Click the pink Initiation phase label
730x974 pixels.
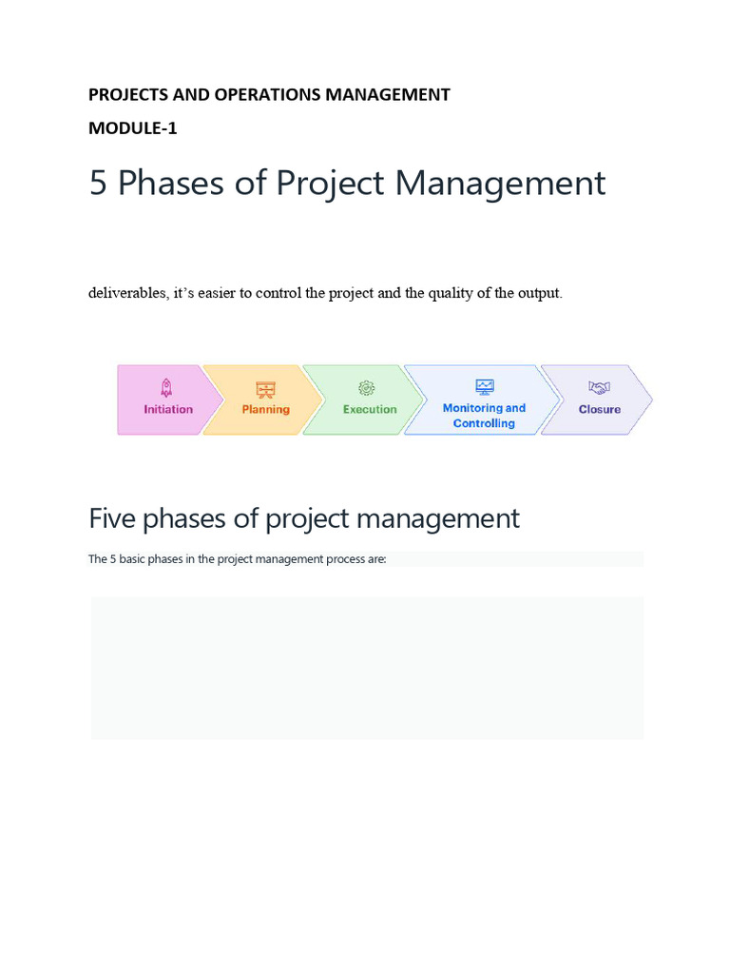coord(168,410)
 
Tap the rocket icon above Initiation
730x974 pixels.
coord(167,387)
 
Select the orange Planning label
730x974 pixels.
coord(265,410)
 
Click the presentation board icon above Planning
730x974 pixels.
coord(265,389)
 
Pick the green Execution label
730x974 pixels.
coord(370,410)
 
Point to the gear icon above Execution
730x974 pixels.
coord(367,388)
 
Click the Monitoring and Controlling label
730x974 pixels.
coord(484,416)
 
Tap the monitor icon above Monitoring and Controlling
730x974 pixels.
coord(485,387)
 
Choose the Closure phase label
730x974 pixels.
coord(600,410)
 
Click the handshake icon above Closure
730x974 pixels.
coord(599,388)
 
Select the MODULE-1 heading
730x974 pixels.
coord(133,128)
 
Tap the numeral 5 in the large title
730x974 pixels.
coord(98,183)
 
